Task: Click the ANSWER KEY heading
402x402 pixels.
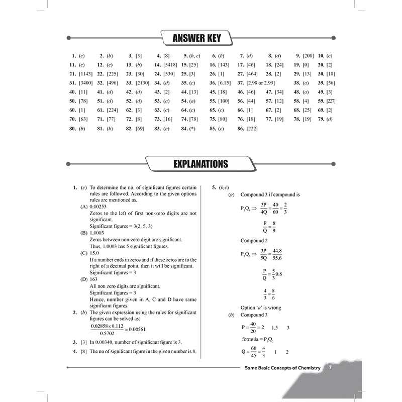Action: pos(196,38)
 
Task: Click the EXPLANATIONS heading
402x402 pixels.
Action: pos(200,164)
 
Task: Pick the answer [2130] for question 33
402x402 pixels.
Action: pos(142,83)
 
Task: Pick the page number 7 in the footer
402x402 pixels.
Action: pos(330,368)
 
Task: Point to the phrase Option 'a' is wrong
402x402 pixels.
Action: pos(260,308)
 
